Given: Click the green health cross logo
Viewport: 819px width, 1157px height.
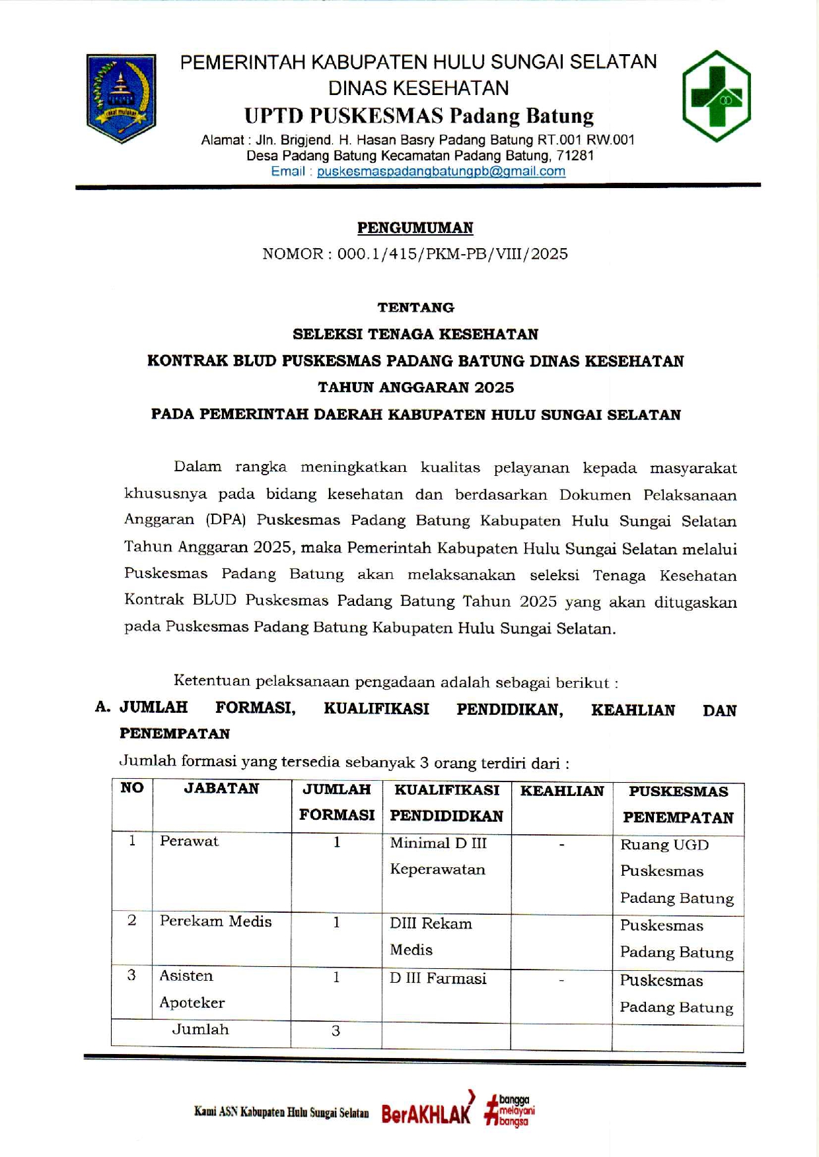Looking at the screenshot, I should click(x=716, y=96).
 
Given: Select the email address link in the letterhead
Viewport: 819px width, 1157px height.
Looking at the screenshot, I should click(x=441, y=172).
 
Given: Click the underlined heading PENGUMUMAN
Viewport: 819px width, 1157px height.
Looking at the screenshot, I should click(x=415, y=228).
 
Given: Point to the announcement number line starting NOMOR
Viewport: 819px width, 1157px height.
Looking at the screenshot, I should click(x=415, y=254).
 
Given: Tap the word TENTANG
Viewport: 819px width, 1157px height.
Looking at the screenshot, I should click(x=415, y=308).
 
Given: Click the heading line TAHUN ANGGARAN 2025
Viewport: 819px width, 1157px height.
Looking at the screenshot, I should click(x=415, y=387).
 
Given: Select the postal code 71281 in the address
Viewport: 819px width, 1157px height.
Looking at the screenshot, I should click(x=575, y=156).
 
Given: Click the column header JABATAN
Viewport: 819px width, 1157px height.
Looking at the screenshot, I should click(x=221, y=789).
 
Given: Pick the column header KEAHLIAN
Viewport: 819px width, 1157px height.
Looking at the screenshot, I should click(x=561, y=791).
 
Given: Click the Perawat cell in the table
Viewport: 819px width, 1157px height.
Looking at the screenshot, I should click(x=189, y=842).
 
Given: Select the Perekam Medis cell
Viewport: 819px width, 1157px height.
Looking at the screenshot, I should click(x=215, y=921).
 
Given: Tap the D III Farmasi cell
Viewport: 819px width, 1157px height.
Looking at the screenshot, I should click(x=437, y=978).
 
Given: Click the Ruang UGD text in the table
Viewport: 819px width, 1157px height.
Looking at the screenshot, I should click(x=664, y=845).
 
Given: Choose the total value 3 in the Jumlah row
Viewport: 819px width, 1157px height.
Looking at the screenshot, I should click(x=336, y=1031).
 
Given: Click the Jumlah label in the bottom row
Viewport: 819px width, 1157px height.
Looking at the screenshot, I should click(x=200, y=1030).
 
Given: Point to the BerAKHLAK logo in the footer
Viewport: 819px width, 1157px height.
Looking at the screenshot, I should click(x=427, y=1112).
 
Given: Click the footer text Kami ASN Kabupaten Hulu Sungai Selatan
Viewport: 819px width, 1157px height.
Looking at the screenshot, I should click(x=281, y=1112).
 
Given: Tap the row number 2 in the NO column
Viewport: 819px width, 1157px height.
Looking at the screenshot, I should click(x=131, y=921).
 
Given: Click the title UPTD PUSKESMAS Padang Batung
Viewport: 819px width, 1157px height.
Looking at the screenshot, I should click(x=419, y=116).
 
